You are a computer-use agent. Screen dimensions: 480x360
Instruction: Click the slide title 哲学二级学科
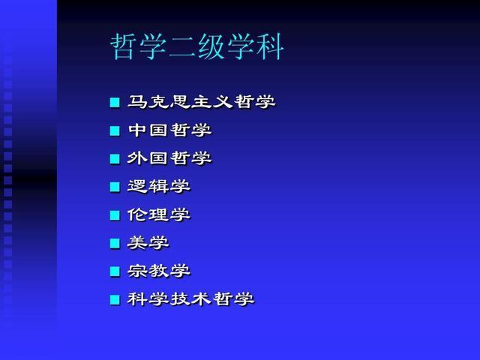point(196,46)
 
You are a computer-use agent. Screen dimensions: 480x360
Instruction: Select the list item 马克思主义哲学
point(202,102)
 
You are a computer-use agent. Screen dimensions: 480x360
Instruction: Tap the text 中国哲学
point(170,130)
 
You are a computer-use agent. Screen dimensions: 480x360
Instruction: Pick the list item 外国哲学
point(169,158)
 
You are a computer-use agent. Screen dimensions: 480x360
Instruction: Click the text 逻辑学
point(159,187)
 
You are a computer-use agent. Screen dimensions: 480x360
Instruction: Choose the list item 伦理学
point(159,214)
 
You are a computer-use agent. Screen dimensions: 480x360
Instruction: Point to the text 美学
point(148,243)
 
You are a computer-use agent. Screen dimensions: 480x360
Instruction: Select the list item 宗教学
point(159,271)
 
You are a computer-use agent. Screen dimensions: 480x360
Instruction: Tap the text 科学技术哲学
point(190,299)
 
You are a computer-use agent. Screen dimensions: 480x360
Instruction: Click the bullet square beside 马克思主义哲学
point(115,103)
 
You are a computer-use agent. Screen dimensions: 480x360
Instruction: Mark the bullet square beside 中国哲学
point(115,130)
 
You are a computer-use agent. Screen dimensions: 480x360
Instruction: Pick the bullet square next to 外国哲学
point(115,159)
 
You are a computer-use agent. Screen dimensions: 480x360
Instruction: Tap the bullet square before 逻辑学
point(115,187)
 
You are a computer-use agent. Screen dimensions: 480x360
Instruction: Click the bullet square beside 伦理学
point(115,215)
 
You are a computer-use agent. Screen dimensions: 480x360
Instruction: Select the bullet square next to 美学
point(115,243)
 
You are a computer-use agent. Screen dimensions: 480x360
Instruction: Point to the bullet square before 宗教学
point(115,271)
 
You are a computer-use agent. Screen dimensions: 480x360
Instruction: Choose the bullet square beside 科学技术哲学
point(115,300)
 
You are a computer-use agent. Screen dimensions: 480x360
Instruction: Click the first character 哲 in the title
point(123,46)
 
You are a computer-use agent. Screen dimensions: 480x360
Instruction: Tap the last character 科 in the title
point(270,46)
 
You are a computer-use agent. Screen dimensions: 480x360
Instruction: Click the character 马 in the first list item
point(137,102)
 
